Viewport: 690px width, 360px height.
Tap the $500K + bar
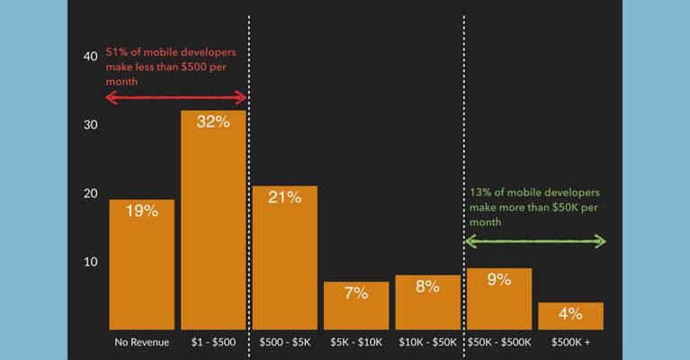(570, 316)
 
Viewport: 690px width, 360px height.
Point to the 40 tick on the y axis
(90, 56)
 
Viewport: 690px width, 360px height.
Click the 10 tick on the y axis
(90, 262)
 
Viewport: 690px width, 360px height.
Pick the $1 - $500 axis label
(213, 343)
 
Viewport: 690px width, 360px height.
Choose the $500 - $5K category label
(284, 343)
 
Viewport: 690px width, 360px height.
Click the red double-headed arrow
(176, 97)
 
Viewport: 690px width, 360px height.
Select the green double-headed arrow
(535, 240)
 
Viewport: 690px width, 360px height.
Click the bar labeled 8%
(427, 302)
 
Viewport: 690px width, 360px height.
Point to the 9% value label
(498, 280)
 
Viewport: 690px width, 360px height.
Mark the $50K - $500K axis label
(498, 343)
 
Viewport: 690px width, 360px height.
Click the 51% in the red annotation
(117, 51)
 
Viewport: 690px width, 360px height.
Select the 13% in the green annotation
(479, 193)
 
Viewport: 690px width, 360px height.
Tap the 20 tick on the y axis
(90, 193)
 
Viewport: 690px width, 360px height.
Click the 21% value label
(284, 197)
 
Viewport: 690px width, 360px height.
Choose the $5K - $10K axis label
(356, 343)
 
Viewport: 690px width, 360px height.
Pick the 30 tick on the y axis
(90, 125)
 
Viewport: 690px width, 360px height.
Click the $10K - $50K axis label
(427, 343)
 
